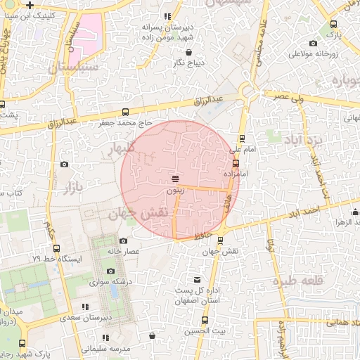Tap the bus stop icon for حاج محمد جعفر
coord(125,112)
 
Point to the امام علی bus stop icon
coord(242,139)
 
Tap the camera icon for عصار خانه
coord(124,240)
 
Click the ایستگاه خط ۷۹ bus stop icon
coord(56,249)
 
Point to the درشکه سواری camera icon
coord(110,271)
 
